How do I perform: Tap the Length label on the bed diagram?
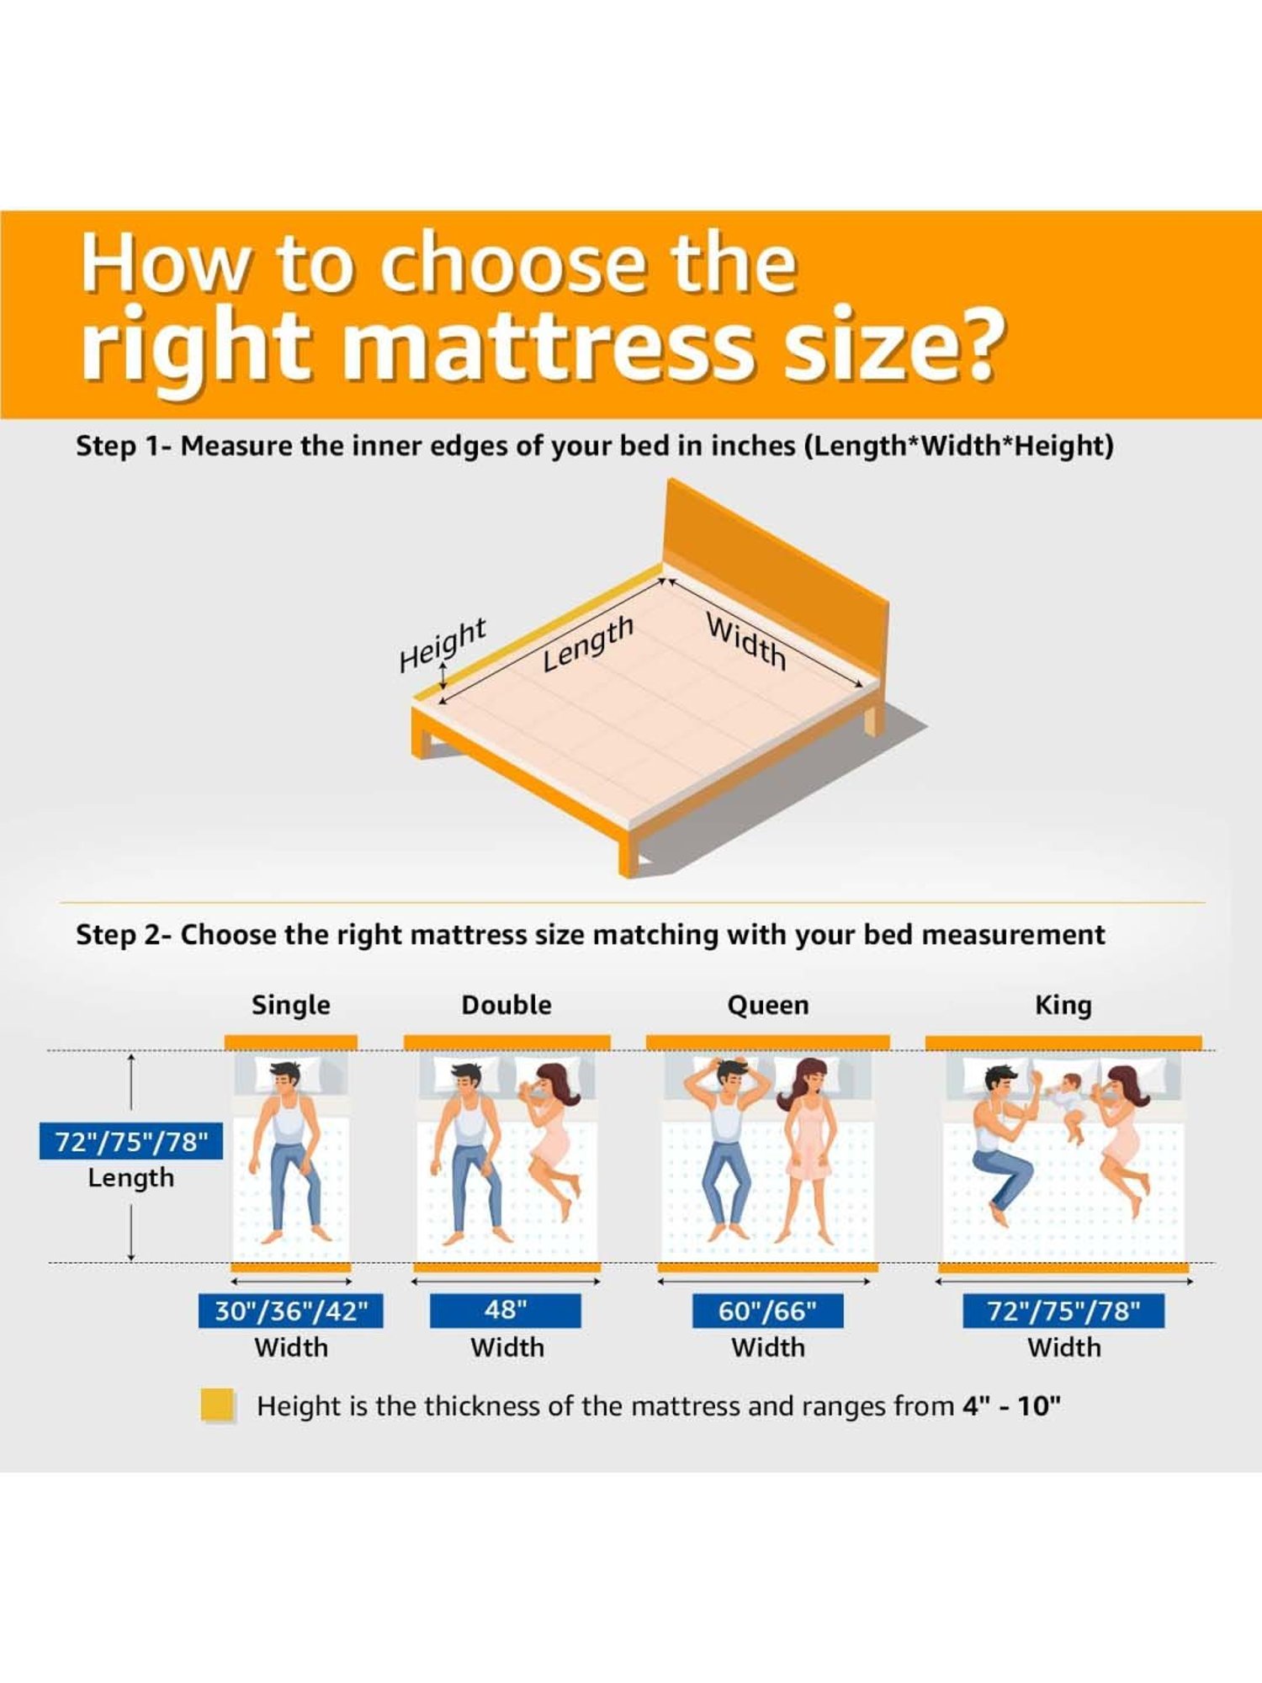click(587, 643)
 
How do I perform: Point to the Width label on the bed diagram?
click(746, 641)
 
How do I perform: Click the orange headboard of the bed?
click(774, 572)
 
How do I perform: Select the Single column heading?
click(291, 1005)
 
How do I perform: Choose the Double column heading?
click(506, 1005)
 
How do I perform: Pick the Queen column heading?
click(768, 1005)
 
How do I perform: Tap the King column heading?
click(1063, 1005)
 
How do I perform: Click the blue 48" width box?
click(505, 1310)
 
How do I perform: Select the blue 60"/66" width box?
click(767, 1311)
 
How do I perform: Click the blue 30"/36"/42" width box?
click(291, 1311)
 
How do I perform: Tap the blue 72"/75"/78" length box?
click(131, 1141)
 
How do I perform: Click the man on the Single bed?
click(291, 1144)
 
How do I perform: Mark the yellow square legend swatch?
click(217, 1405)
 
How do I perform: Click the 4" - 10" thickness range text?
click(1011, 1406)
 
